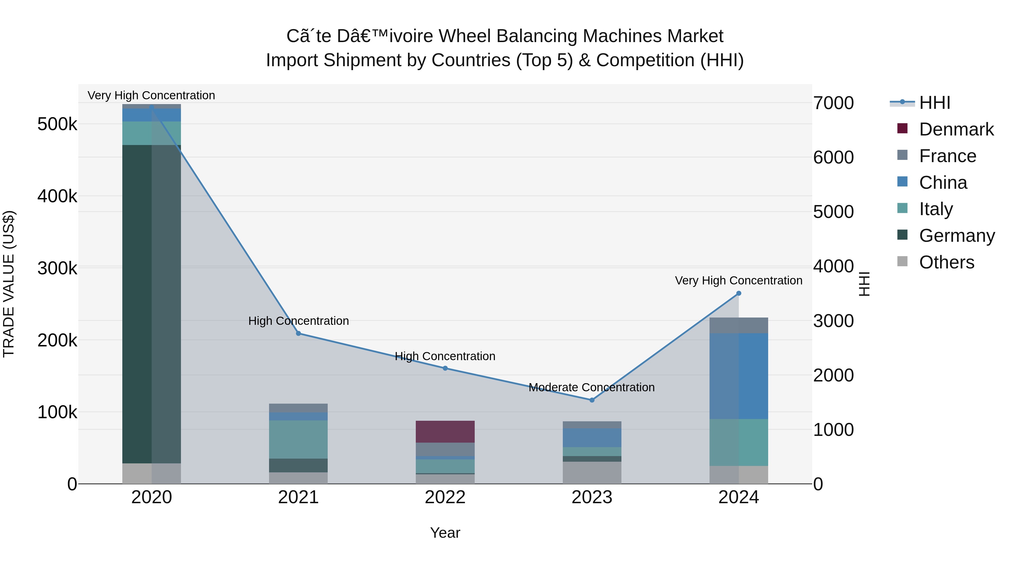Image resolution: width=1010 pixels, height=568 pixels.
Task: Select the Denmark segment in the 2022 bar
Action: [x=445, y=432]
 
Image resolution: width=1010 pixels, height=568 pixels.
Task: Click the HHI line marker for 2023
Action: [x=592, y=400]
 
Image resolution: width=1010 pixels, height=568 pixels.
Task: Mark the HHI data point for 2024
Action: [x=738, y=293]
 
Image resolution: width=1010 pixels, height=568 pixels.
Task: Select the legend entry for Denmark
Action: [x=956, y=129]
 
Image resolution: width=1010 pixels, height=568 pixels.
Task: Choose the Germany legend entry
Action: [x=957, y=236]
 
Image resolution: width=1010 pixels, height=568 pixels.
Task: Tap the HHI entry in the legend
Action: [x=934, y=103]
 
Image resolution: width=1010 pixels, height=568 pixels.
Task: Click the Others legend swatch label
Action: [x=947, y=262]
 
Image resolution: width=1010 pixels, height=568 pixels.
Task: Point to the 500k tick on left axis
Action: [x=57, y=124]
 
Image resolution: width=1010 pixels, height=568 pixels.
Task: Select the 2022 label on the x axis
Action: [x=445, y=497]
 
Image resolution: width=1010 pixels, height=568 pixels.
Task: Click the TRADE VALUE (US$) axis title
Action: [x=9, y=284]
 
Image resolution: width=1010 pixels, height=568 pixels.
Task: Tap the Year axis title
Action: [x=445, y=533]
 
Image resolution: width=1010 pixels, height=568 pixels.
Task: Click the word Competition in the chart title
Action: [x=645, y=60]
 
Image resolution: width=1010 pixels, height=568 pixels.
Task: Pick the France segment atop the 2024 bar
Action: [x=738, y=325]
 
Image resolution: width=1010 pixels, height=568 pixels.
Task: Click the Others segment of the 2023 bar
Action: [x=592, y=472]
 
